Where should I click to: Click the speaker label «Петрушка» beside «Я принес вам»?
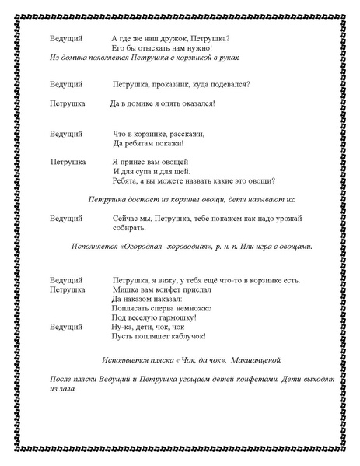[68, 162]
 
